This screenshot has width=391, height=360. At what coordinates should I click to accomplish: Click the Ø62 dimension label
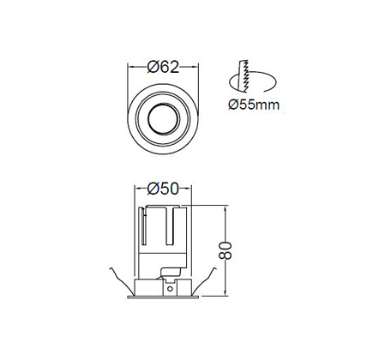coord(163,67)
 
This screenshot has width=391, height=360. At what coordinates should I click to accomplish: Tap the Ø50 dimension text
coord(163,189)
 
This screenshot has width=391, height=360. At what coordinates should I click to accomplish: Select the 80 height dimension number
coord(225,250)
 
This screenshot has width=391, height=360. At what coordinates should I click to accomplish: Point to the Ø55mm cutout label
coord(254,105)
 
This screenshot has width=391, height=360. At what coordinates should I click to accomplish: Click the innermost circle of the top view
coord(164,118)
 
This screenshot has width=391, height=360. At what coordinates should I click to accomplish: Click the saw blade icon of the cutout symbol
coord(244,76)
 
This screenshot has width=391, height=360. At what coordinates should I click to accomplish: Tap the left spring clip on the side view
coord(121,280)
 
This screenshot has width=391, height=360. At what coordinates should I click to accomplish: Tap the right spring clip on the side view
coord(204,280)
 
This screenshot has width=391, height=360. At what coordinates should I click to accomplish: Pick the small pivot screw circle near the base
coord(170,289)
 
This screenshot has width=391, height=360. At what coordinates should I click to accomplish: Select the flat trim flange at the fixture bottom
coord(163,297)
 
